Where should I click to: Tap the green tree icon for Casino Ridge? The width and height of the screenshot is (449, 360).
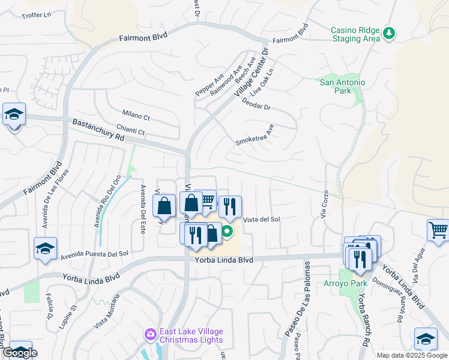pyautogui.click(x=389, y=34)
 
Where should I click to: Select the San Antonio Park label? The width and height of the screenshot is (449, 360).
pyautogui.click(x=342, y=86)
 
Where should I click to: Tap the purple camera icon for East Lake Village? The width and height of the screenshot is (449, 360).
pyautogui.click(x=149, y=334)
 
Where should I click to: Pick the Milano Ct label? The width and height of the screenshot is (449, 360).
pyautogui.click(x=136, y=114)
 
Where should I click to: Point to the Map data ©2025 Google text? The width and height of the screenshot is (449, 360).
pyautogui.click(x=412, y=355)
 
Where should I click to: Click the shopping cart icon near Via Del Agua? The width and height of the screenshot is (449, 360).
pyautogui.click(x=438, y=230)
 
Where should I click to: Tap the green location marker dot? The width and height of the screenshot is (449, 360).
pyautogui.click(x=228, y=230)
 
